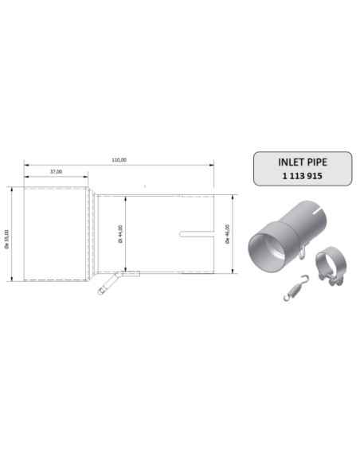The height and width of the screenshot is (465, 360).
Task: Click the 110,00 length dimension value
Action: point(119,160)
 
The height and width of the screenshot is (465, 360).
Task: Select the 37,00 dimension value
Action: point(56,171)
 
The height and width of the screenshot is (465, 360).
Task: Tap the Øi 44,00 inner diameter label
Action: point(120,233)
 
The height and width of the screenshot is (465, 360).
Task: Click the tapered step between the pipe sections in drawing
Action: point(92,233)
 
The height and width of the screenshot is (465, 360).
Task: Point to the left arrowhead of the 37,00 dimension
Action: point(26,177)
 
